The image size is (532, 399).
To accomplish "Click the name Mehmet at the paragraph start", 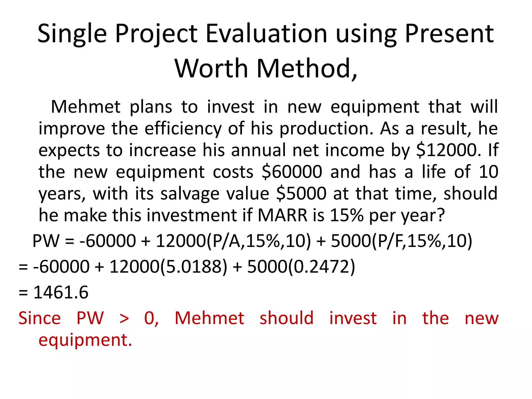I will tap(86, 107).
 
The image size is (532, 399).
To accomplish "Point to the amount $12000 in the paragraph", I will tap(447, 150).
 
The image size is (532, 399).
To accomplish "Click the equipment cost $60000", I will tap(292, 172).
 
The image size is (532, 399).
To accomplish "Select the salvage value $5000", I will tap(301, 194).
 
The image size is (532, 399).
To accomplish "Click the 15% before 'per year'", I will tap(347, 215).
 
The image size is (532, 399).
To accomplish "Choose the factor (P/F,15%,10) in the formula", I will tap(422, 241).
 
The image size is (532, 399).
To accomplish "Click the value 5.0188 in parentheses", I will tap(194, 267).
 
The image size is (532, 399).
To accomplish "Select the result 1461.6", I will tap(61, 292).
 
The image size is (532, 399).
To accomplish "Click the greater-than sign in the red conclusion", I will tap(124, 318).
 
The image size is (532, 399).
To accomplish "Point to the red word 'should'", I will tap(287, 318).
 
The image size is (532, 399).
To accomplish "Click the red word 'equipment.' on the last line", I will tap(85, 340).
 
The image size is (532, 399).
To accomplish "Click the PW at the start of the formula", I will tap(46, 241).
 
